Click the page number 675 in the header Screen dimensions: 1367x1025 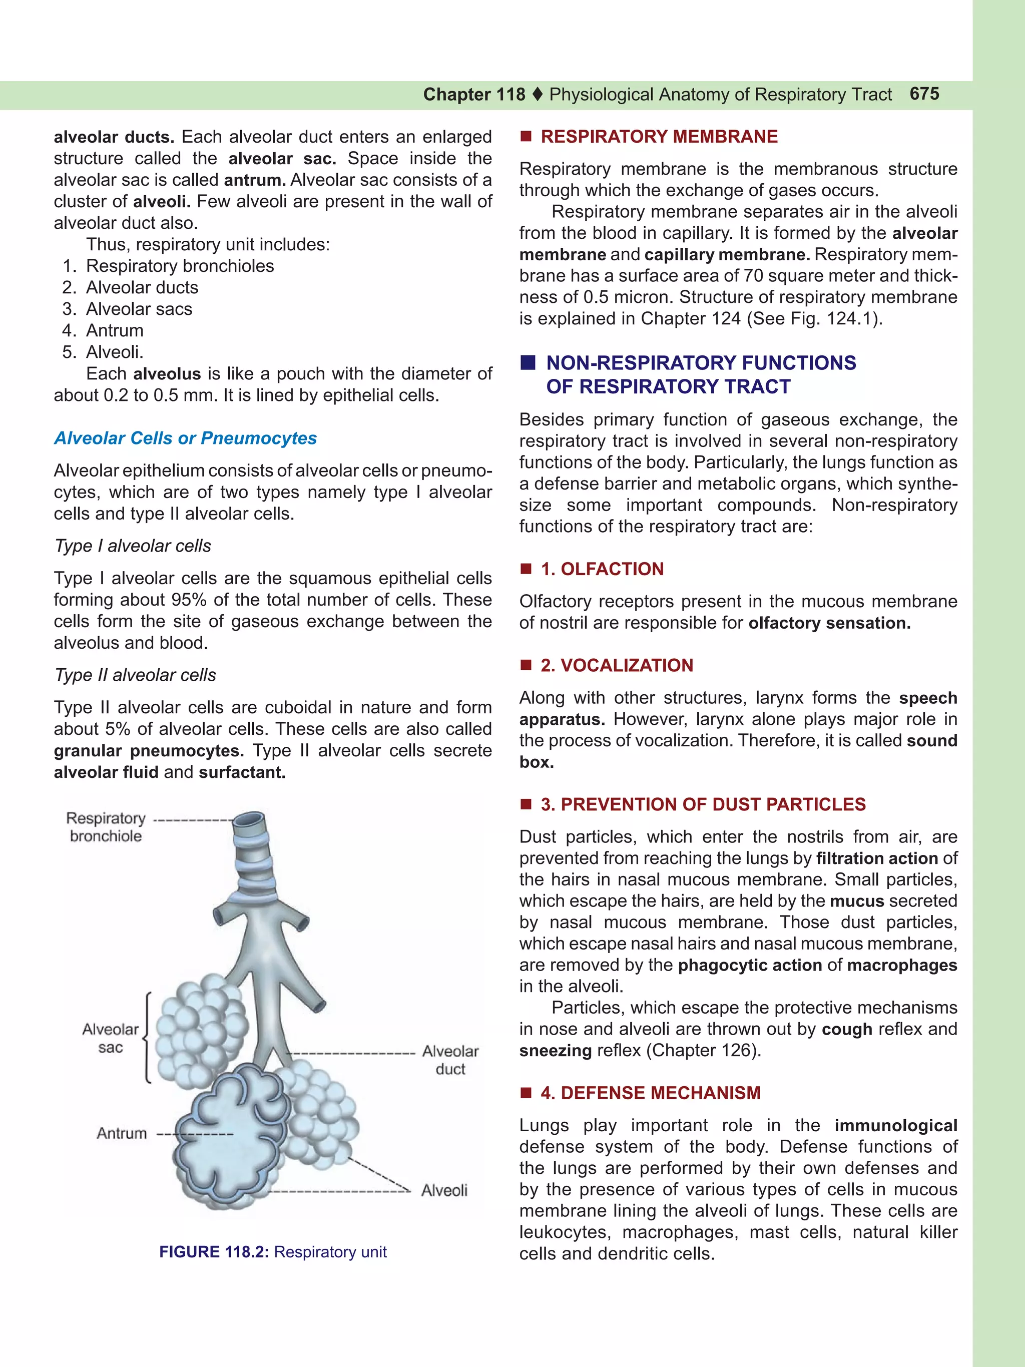[x=924, y=94]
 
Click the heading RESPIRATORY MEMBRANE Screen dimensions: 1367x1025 [x=659, y=137]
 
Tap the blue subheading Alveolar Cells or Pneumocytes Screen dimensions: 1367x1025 [x=185, y=438]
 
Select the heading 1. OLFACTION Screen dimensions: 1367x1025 [x=601, y=569]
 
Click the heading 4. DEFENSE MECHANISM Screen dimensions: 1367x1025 [x=650, y=1093]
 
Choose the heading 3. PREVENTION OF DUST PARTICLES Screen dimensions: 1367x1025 [x=703, y=804]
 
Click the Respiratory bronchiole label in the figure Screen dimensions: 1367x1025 [x=106, y=827]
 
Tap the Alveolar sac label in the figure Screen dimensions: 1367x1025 [x=111, y=1038]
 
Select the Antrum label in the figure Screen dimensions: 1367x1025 [x=122, y=1133]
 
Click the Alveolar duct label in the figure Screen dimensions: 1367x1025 [x=450, y=1060]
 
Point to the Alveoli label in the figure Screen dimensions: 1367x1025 [x=444, y=1190]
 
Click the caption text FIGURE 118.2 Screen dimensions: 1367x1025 [x=214, y=1252]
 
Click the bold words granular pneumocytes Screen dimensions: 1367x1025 [x=148, y=751]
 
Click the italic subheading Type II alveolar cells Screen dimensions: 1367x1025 [x=135, y=675]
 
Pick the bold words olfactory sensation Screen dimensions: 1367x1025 [x=829, y=623]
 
